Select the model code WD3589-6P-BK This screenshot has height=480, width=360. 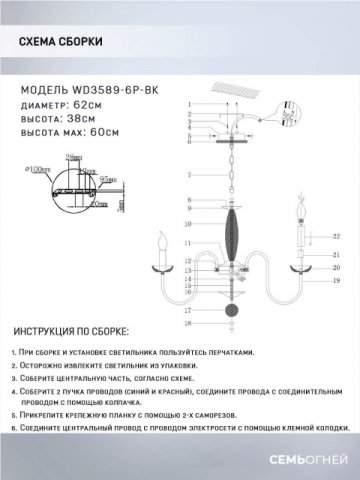tap(112, 88)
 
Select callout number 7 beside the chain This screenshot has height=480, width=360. tap(187, 176)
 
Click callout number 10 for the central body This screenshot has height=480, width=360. tap(187, 229)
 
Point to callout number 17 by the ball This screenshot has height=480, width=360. tap(187, 311)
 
